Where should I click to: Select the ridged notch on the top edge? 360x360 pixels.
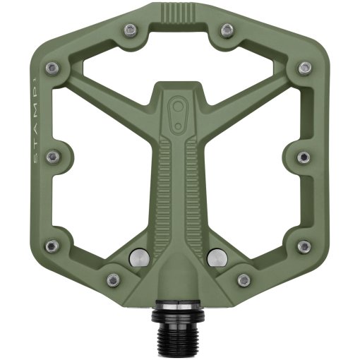pyautogui.click(x=179, y=13)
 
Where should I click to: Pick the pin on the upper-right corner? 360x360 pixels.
pyautogui.click(x=304, y=68)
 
